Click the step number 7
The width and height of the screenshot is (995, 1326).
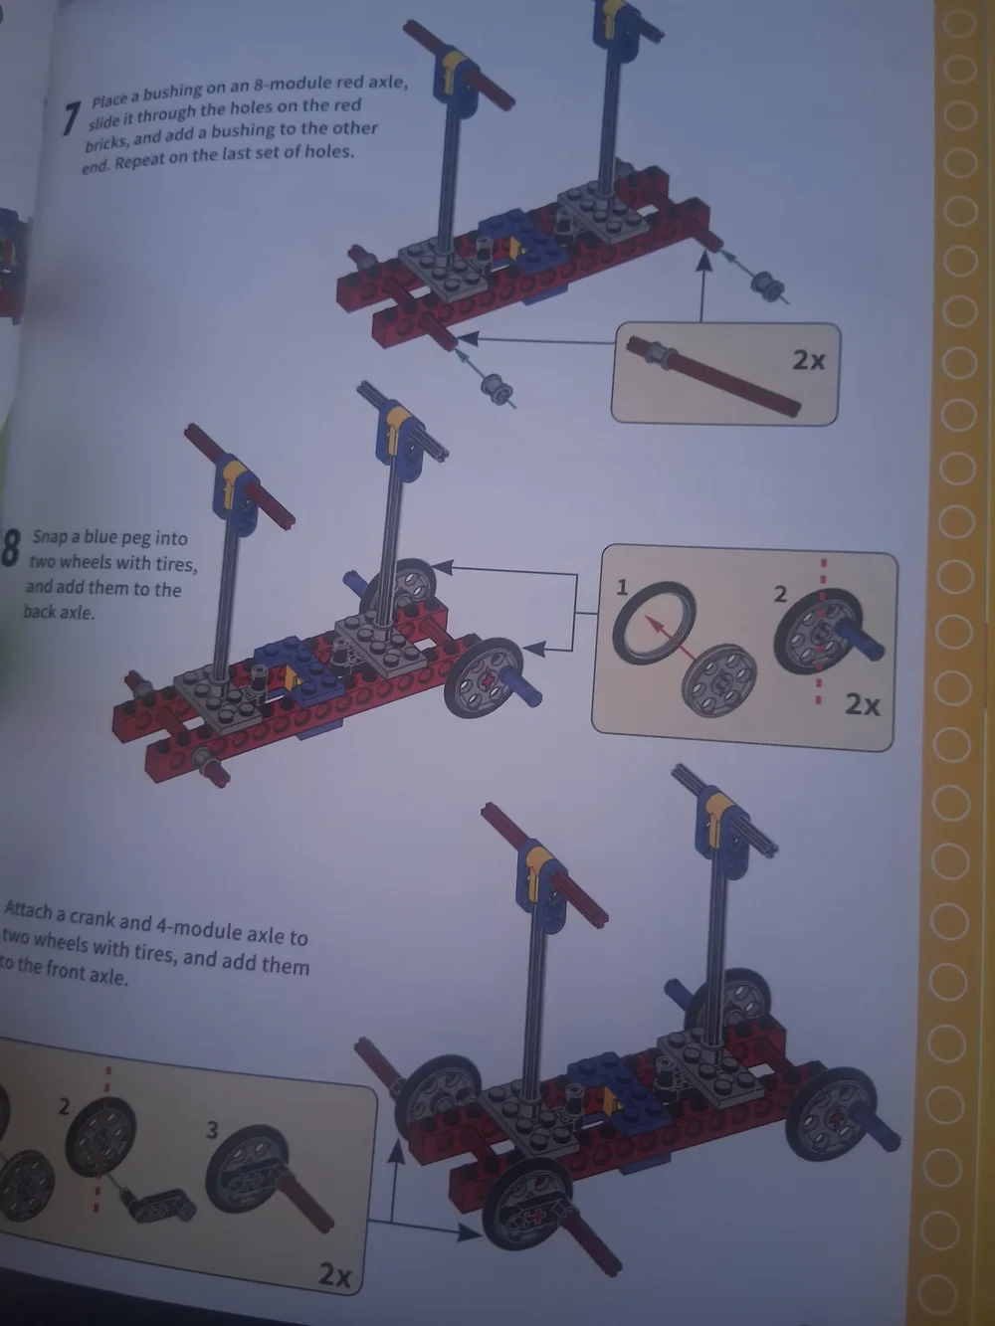(72, 119)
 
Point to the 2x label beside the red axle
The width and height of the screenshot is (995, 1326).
(808, 361)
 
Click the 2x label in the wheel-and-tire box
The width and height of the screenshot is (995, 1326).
(862, 704)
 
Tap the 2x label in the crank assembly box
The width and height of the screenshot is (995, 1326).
(334, 1273)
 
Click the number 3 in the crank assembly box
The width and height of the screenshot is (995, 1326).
(212, 1129)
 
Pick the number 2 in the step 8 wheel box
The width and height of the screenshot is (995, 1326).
(780, 595)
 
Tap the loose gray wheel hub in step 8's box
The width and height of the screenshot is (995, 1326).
(718, 679)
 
